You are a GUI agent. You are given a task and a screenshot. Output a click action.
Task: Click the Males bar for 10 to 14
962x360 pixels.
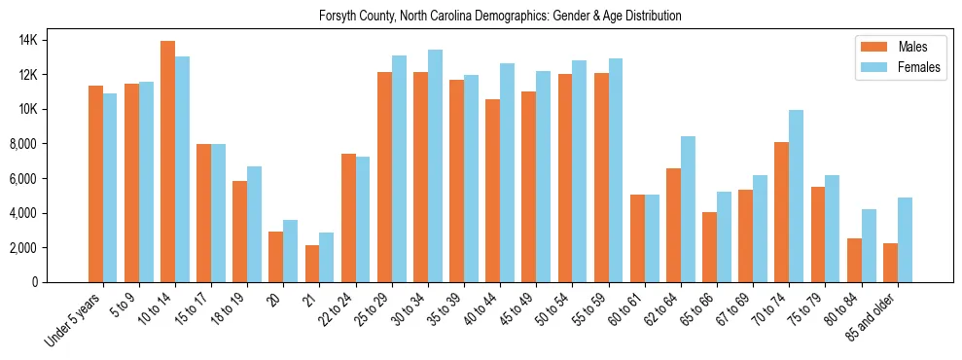[x=168, y=162]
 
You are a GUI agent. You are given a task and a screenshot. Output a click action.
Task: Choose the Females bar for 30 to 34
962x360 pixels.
[x=435, y=166]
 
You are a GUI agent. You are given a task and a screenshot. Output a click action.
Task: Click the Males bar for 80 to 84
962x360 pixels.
[x=854, y=261]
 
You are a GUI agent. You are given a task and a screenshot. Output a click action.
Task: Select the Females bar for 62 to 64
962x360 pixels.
[x=688, y=209]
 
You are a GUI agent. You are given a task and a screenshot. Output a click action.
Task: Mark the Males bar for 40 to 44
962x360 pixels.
[x=493, y=191]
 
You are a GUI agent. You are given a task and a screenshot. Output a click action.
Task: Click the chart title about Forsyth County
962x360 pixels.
[x=501, y=17]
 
